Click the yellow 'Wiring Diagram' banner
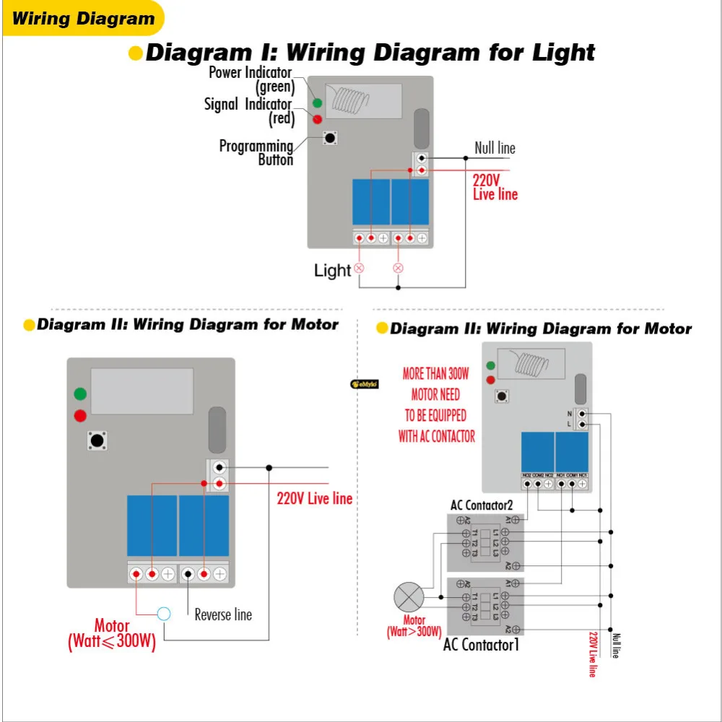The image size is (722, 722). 84,19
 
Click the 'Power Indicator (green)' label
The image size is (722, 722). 251,79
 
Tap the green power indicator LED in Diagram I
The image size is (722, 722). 317,103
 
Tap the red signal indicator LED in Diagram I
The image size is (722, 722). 317,118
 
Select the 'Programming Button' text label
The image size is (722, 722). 256,152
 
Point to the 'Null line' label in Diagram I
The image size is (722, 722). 495,148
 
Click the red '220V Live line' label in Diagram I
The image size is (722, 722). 495,187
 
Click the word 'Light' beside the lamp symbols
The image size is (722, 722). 332,271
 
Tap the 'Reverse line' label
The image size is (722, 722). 223,614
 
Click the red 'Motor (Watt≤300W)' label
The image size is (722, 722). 112,634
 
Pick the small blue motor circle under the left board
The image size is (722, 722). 164,614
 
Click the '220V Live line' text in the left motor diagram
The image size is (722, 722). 315,498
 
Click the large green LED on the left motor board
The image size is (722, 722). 80,394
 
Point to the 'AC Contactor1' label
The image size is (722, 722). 481,645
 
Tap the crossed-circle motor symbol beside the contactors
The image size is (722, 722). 409,598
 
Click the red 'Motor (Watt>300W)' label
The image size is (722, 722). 414,626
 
